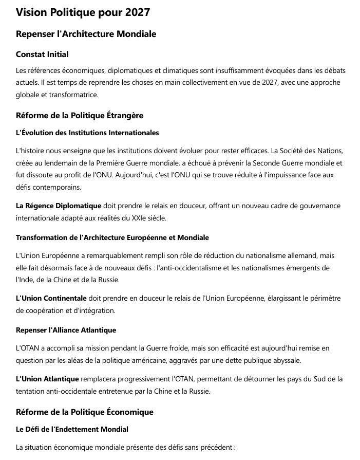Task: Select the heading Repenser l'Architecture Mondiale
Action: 86,34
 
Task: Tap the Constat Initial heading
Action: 42,54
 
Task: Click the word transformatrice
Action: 74,95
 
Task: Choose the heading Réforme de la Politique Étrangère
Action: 80,116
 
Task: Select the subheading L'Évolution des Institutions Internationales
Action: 87,133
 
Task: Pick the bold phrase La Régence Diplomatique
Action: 59,206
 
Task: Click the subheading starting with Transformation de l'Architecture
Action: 112,237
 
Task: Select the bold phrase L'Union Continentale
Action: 51,298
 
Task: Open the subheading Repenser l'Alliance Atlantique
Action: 66,329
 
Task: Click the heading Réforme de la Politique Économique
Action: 85,412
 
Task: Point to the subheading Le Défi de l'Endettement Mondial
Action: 72,429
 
